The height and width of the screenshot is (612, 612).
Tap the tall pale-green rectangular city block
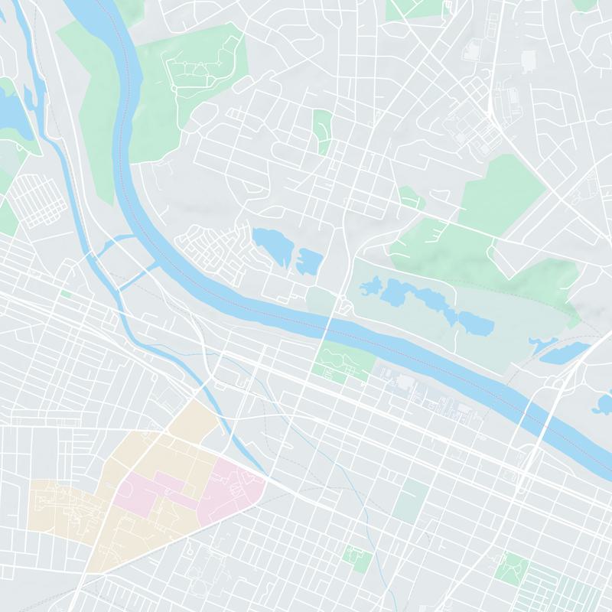click(412, 500)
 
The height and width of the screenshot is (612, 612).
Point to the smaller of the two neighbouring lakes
click(310, 260)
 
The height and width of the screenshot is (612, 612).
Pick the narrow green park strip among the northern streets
click(323, 130)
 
